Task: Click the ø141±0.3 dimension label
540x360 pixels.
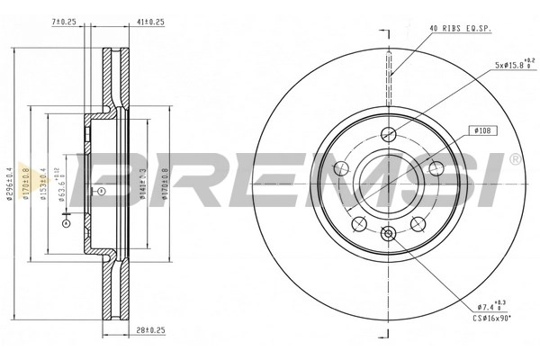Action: [145, 180]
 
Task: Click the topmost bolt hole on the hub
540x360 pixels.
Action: [388, 135]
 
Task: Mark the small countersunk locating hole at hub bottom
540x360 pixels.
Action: [388, 235]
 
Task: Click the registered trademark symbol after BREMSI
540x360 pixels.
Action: [514, 159]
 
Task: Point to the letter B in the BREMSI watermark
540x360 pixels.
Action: [105, 179]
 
